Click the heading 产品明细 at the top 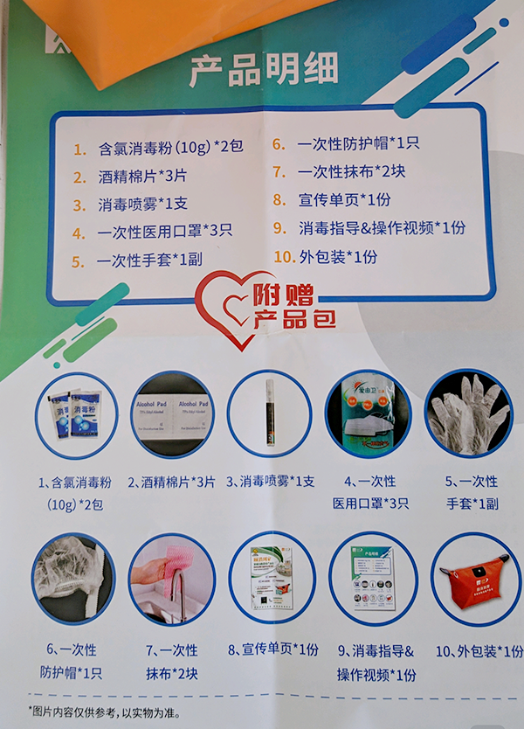click(264, 71)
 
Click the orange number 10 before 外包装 click(281, 257)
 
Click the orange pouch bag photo click(474, 578)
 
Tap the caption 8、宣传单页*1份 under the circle click(272, 650)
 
